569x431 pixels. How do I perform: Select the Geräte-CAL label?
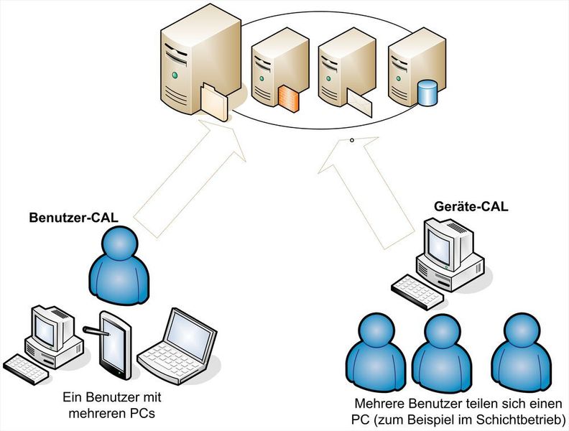tap(471, 207)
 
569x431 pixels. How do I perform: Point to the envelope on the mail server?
tap(359, 105)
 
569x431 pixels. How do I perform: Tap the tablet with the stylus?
tap(114, 346)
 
